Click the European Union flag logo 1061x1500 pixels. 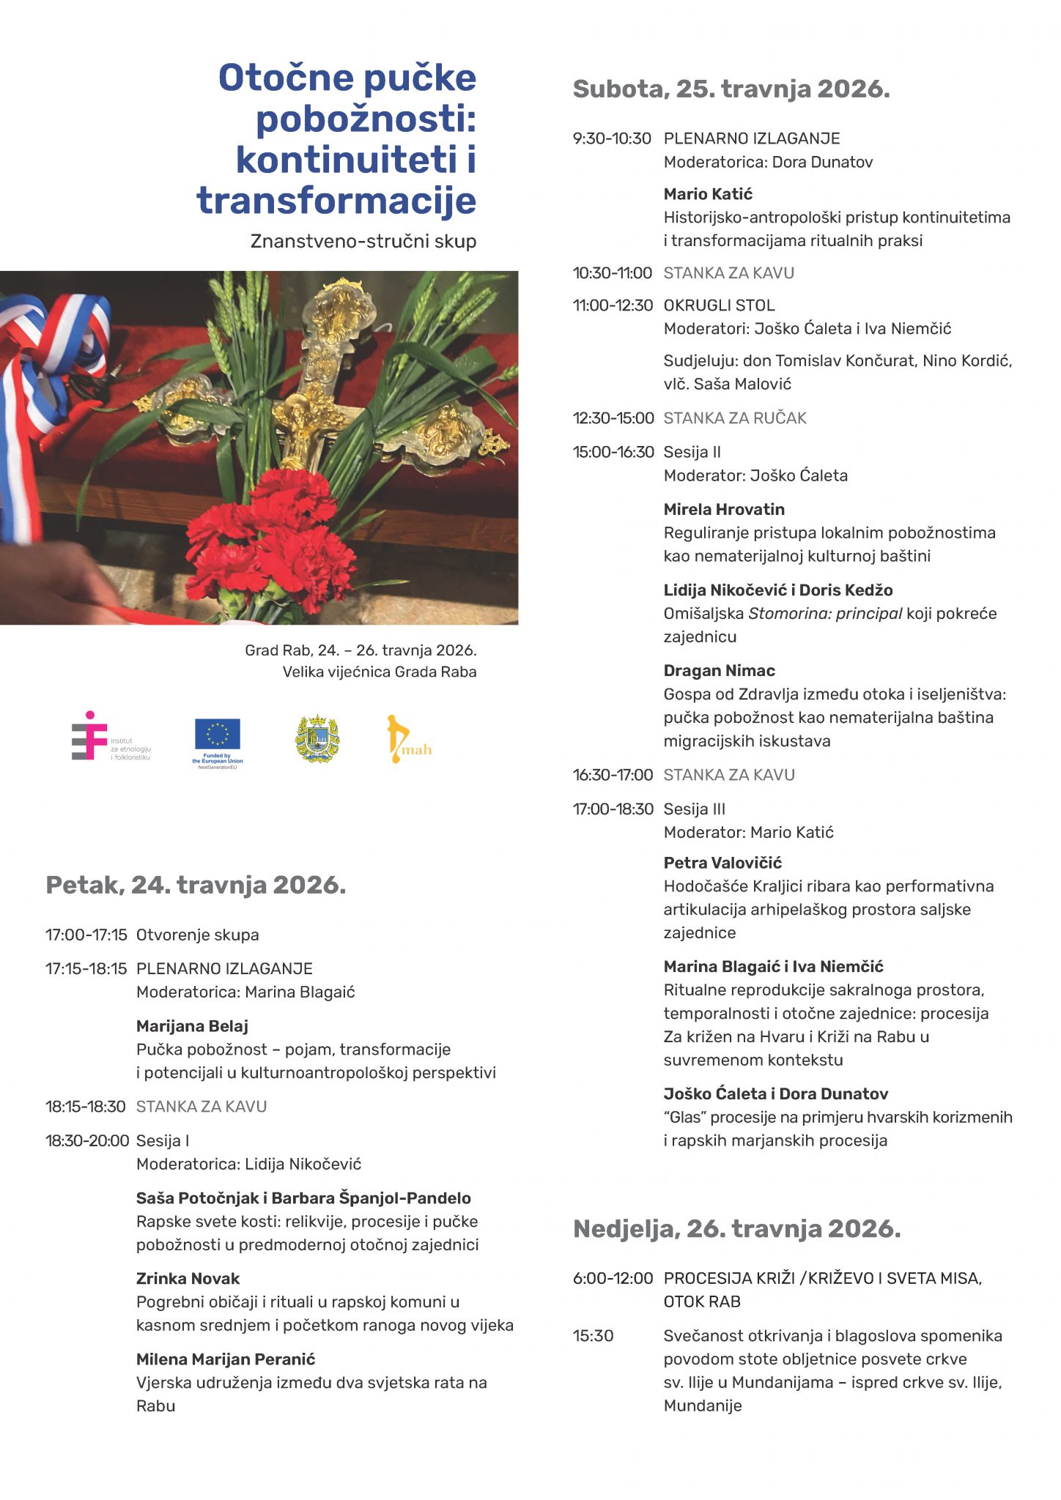click(218, 735)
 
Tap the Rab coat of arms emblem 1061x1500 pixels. click(317, 739)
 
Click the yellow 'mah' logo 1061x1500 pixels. click(407, 740)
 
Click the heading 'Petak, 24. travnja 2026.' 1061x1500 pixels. click(196, 885)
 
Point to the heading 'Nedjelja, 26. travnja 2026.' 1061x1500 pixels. click(736, 1228)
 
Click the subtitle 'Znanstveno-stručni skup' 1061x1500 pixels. click(363, 241)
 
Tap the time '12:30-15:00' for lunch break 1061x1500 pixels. click(613, 418)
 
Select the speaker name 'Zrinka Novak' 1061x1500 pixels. click(188, 1278)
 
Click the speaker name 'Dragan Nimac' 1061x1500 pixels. click(719, 670)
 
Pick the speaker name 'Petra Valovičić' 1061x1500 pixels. click(722, 863)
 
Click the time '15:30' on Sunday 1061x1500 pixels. click(593, 1335)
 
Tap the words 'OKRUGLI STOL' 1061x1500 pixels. click(719, 305)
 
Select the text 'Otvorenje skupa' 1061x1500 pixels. click(197, 935)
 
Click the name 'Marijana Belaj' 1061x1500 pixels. click(192, 1026)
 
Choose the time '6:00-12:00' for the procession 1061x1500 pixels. click(613, 1278)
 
